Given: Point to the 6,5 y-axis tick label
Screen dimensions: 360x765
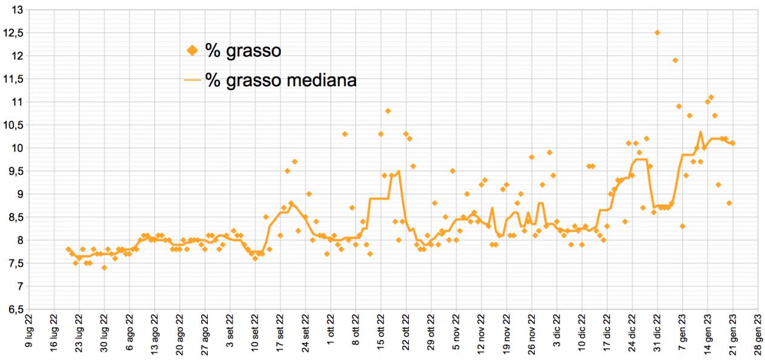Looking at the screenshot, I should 13,309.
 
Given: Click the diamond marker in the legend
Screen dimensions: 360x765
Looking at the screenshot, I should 193,51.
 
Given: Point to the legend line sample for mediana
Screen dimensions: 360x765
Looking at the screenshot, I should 193,79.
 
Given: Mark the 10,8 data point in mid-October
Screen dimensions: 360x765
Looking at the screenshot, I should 388,111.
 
